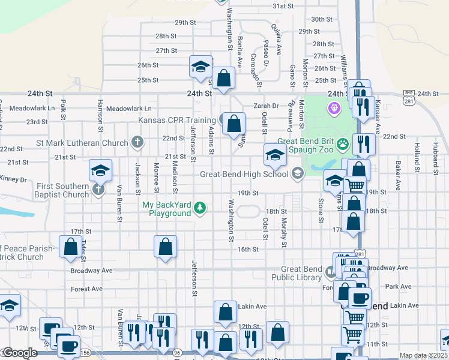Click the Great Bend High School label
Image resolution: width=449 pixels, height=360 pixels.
click(x=244, y=175)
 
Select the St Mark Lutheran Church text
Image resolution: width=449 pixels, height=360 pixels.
click(x=82, y=143)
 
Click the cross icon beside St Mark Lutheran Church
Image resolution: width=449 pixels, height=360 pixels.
click(x=137, y=143)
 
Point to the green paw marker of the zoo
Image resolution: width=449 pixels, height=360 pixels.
click(x=343, y=143)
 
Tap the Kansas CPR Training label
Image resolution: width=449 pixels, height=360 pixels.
click(x=177, y=120)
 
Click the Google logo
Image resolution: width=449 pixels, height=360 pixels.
click(x=19, y=353)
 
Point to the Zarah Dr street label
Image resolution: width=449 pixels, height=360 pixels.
click(x=266, y=106)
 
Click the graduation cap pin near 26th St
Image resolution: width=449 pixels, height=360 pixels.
click(x=200, y=66)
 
